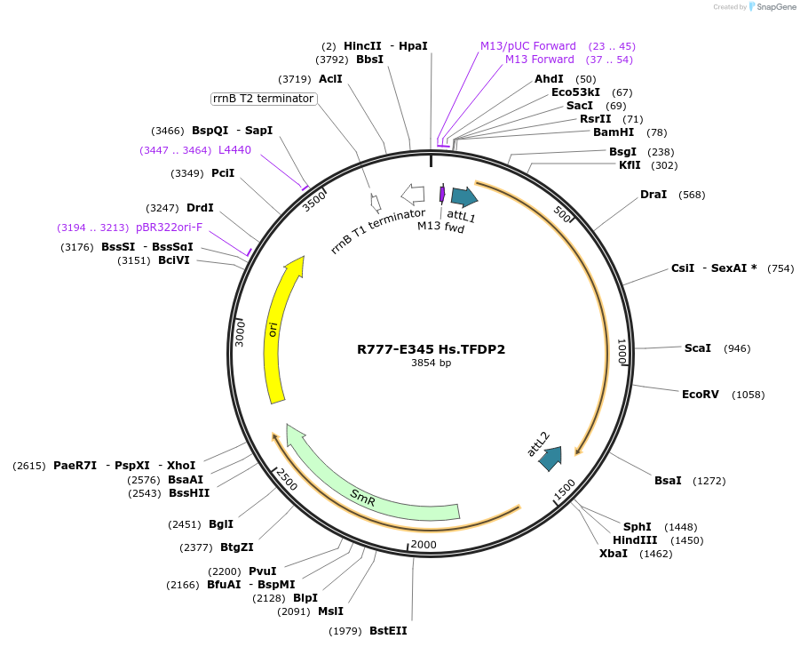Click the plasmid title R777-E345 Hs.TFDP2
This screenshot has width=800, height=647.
431,349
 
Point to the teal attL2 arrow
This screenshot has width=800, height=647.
550,458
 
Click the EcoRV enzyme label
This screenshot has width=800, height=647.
700,394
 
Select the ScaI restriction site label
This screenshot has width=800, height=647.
697,348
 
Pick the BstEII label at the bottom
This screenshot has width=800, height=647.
388,630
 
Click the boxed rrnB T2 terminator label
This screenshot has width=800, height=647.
263,99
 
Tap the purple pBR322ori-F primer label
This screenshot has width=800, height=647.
169,228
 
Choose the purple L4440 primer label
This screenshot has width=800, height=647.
234,150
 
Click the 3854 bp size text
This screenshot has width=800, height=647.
431,363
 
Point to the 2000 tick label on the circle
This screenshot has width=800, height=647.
424,545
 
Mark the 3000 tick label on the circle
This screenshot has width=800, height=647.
240,334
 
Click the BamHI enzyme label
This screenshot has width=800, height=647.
614,132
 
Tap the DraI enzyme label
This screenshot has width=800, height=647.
653,194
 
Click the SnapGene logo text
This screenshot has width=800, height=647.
776,7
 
